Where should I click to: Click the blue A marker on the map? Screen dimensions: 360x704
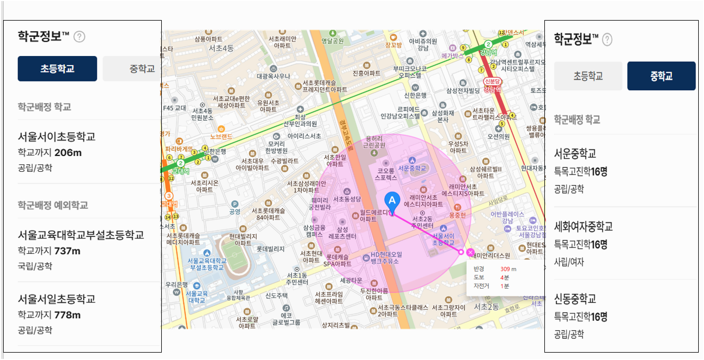point(392,200)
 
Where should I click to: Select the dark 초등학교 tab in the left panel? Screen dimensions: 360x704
point(57,69)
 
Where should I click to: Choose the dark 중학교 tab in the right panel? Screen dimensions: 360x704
point(661,76)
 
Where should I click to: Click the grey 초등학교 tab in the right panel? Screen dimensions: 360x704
point(588,76)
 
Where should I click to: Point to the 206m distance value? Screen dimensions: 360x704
point(68,153)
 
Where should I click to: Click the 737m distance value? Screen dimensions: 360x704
point(68,251)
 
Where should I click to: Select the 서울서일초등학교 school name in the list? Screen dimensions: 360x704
point(57,299)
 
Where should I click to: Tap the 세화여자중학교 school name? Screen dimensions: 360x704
point(583,226)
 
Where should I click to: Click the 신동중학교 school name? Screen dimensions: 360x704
point(575,299)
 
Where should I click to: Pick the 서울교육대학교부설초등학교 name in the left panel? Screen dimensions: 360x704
point(81,235)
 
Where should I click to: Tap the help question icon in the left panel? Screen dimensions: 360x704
point(79,36)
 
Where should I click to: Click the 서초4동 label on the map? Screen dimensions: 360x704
point(221,48)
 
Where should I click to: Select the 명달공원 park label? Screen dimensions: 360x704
point(332,41)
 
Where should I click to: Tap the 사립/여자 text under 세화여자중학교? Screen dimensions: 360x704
point(569,262)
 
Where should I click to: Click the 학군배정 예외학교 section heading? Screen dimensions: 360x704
point(53,205)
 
